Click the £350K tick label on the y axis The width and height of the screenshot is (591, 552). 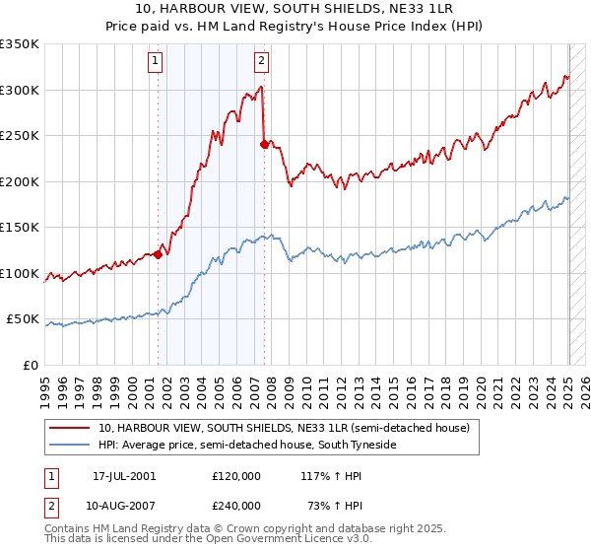20,44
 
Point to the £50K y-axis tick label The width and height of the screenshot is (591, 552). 23,319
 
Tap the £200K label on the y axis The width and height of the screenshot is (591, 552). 20,181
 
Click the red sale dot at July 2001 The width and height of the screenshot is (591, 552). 158,255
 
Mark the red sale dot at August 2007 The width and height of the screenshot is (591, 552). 264,145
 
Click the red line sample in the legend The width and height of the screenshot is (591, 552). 71,428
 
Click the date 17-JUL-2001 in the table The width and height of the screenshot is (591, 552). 124,476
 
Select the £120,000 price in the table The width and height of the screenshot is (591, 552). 236,476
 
